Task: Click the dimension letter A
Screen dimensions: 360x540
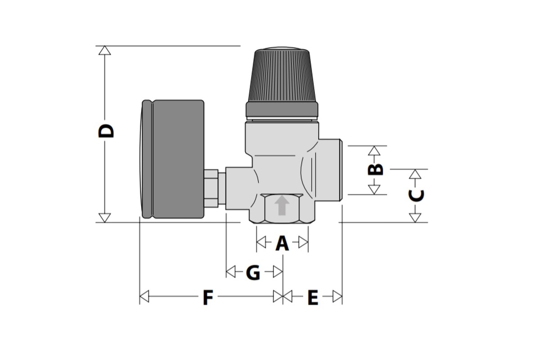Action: [282, 243]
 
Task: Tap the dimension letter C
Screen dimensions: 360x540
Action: [416, 195]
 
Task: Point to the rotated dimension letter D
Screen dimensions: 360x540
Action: [107, 130]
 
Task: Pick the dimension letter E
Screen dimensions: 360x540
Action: [312, 297]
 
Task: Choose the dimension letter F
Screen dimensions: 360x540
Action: [207, 297]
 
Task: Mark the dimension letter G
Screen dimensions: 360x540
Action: [253, 273]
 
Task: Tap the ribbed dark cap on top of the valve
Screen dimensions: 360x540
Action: [282, 74]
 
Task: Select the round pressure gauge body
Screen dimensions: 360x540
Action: [175, 159]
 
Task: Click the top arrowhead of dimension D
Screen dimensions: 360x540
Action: [105, 50]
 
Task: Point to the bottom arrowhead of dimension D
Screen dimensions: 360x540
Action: [105, 218]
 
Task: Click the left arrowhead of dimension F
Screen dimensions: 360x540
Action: [144, 297]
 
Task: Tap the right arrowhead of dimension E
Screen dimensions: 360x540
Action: [337, 297]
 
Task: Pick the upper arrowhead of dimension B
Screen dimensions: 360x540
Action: [374, 150]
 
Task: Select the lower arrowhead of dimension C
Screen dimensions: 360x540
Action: [415, 218]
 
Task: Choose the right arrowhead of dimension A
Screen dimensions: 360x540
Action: [304, 243]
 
